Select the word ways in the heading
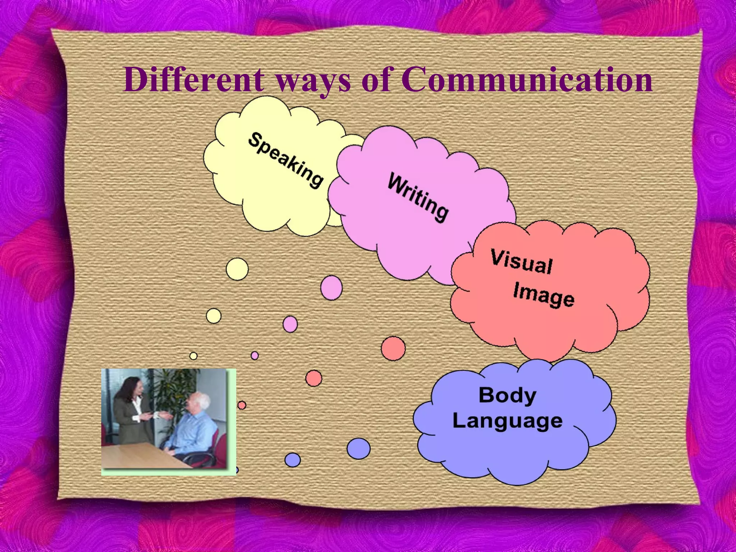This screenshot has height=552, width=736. pyautogui.click(x=312, y=81)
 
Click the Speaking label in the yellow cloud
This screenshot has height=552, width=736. pyautogui.click(x=286, y=160)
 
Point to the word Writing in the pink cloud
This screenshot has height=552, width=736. pyautogui.click(x=418, y=197)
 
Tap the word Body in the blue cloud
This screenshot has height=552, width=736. pyautogui.click(x=507, y=395)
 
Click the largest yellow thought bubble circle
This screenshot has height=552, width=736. pyautogui.click(x=237, y=269)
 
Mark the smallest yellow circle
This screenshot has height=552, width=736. pyautogui.click(x=193, y=356)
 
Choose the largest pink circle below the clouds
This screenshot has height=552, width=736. pyautogui.click(x=331, y=287)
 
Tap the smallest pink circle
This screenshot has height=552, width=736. pyautogui.click(x=255, y=355)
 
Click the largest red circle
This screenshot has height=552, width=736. pyautogui.click(x=393, y=348)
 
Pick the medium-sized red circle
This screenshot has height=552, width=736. pyautogui.click(x=314, y=378)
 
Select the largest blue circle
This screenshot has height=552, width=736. pyautogui.click(x=358, y=448)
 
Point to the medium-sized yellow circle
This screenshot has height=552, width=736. pyautogui.click(x=214, y=316)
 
